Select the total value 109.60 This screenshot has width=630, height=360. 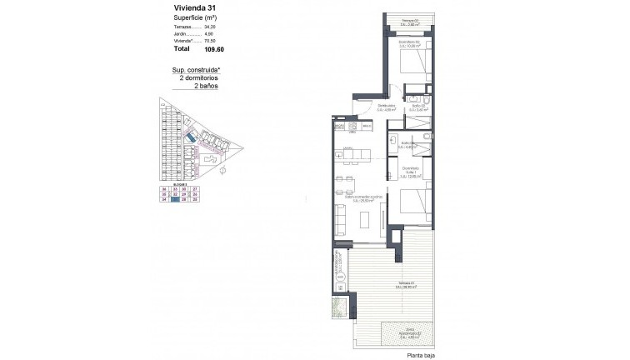[x=195, y=48]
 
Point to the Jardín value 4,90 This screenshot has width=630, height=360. [x=197, y=34]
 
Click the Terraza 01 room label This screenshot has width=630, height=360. [x=407, y=283]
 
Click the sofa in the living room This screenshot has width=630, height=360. [x=341, y=217]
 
